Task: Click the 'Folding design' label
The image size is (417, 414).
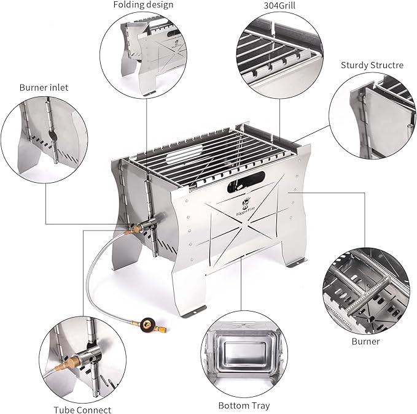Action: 143,5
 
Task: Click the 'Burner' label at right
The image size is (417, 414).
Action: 365,341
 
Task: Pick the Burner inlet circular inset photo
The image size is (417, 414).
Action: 43,138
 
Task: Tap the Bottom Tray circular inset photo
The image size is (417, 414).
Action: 244,353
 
